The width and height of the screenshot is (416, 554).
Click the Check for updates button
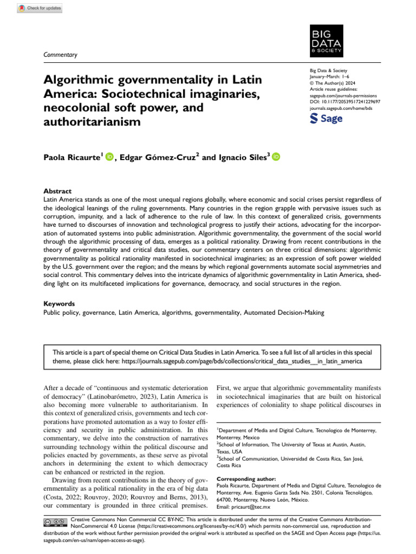40,8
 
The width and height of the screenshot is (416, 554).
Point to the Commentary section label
60,55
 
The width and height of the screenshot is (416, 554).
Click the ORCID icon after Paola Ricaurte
109,157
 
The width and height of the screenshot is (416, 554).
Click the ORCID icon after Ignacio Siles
275,157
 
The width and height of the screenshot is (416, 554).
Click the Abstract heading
57,191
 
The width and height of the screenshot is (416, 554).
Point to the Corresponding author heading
245,478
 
